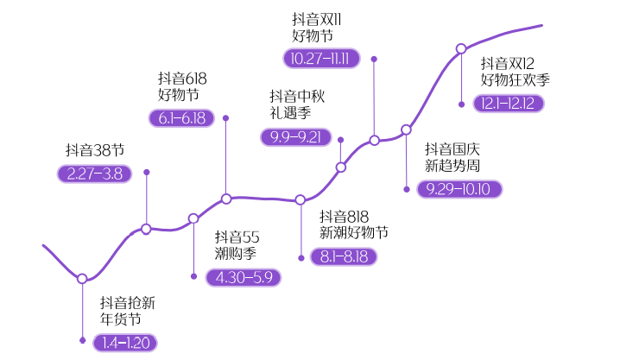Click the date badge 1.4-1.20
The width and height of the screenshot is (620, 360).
(x=126, y=343)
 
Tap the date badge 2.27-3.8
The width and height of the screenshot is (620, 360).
(x=94, y=174)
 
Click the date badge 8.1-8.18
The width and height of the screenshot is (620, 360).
(x=344, y=256)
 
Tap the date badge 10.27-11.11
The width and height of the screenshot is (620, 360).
(x=321, y=59)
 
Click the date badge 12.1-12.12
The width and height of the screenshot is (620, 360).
(x=509, y=103)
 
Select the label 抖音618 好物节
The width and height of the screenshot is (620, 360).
(x=182, y=86)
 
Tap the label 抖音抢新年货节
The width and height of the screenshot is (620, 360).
(x=127, y=311)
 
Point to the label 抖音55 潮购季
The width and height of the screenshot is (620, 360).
(x=237, y=245)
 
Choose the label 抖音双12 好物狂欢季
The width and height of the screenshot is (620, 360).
(x=515, y=72)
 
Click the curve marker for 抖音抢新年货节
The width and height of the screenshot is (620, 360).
(x=82, y=279)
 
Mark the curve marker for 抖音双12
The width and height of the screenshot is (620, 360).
(x=461, y=49)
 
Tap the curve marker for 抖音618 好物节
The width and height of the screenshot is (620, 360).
(x=226, y=199)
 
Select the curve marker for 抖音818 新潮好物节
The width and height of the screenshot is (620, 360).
(x=301, y=200)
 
